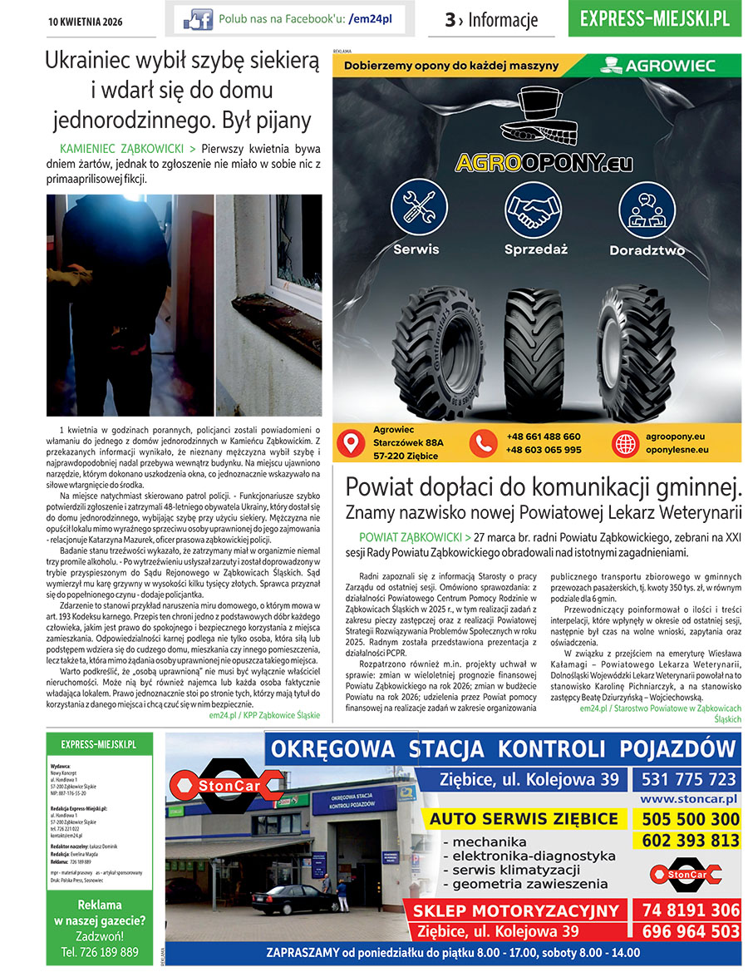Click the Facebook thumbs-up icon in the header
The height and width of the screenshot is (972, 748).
click(x=198, y=18)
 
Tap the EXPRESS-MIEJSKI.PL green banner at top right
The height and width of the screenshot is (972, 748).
click(x=655, y=19)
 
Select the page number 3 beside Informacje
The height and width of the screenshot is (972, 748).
click(x=450, y=21)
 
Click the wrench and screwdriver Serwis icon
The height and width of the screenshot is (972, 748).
click(x=419, y=207)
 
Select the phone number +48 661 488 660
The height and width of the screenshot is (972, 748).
click(x=544, y=437)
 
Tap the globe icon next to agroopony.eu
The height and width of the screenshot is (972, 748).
click(x=624, y=443)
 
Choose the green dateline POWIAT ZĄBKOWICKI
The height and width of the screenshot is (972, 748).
click(x=411, y=537)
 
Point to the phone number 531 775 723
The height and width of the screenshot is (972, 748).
click(x=688, y=779)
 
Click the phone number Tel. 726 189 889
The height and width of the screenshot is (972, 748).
click(x=100, y=951)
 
